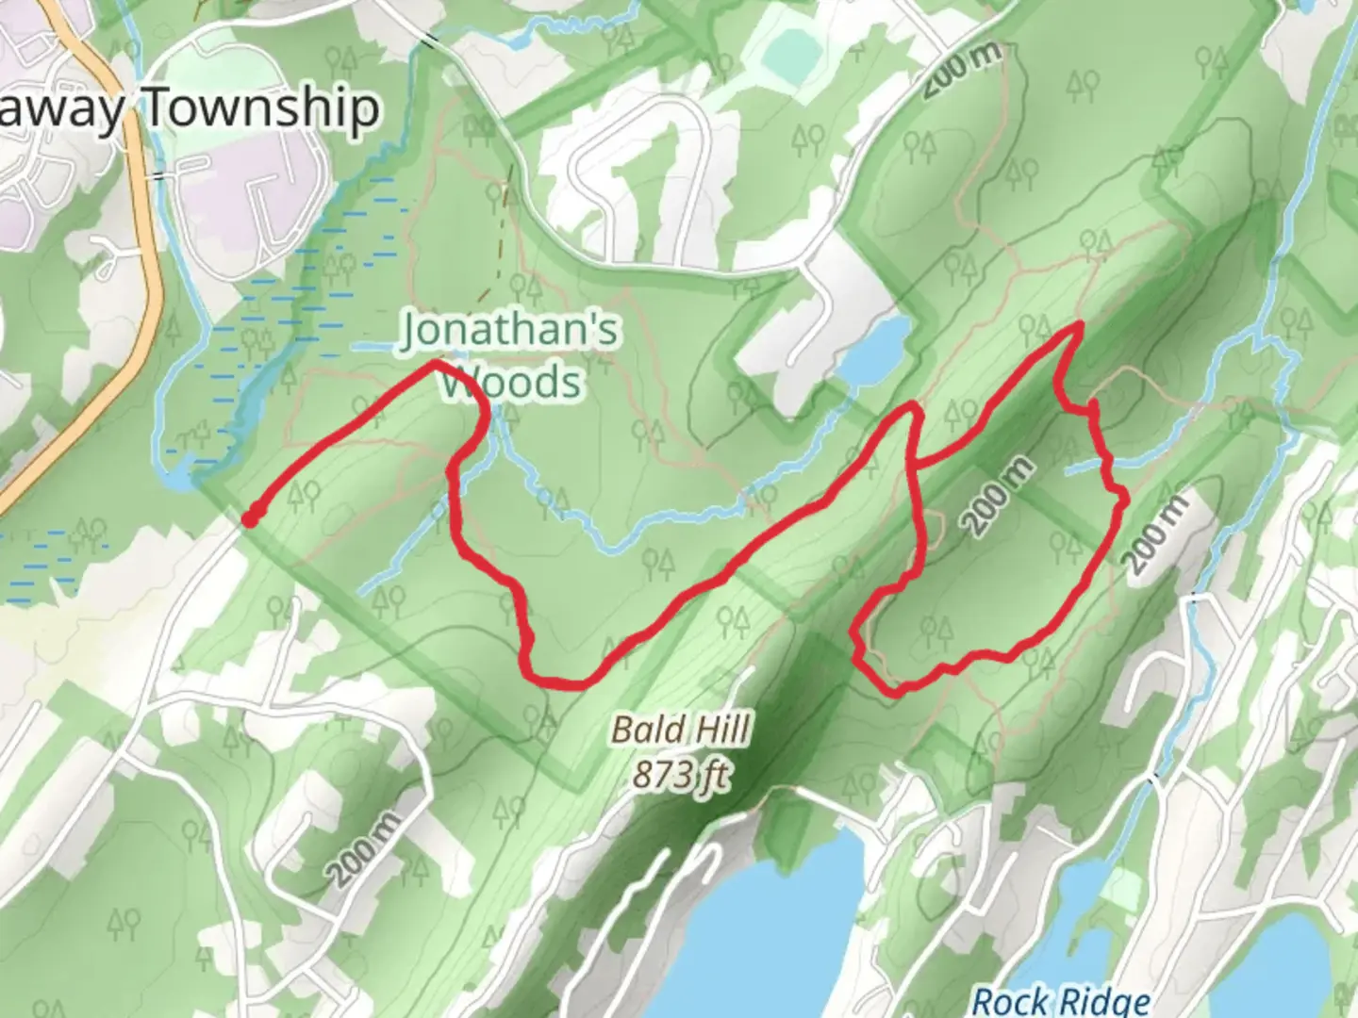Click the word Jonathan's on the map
point(510,331)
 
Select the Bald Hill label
point(681,730)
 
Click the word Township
point(262,109)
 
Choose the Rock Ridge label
point(1061,1001)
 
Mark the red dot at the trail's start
point(252,517)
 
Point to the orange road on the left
point(141,236)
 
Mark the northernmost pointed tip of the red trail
point(1077,326)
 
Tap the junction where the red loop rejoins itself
point(916,462)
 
